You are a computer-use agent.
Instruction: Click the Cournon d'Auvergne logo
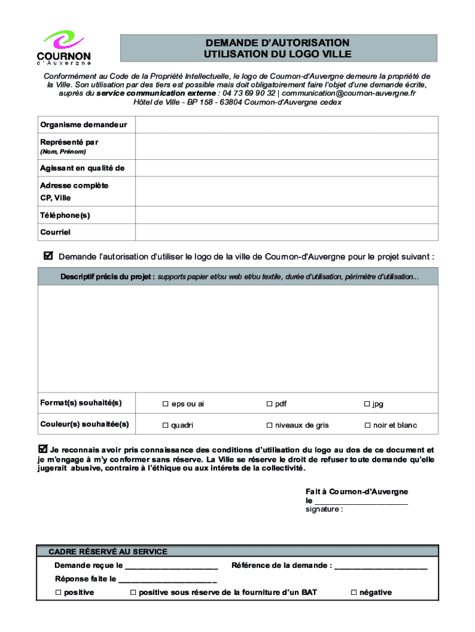point(64,48)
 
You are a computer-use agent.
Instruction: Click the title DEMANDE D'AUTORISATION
point(278,43)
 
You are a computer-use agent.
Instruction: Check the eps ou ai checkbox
point(165,404)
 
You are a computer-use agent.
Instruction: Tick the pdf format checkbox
point(269,404)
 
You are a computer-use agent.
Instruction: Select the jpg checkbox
point(366,404)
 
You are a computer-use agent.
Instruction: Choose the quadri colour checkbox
point(165,425)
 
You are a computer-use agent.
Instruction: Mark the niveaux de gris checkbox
point(269,425)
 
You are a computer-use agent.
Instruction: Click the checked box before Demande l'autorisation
point(49,256)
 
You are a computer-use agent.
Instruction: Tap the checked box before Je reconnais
point(43,449)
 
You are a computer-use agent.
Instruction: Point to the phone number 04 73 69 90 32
point(249,93)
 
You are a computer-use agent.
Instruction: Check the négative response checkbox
point(353,592)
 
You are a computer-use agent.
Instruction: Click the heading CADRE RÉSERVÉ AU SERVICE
point(108,552)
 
